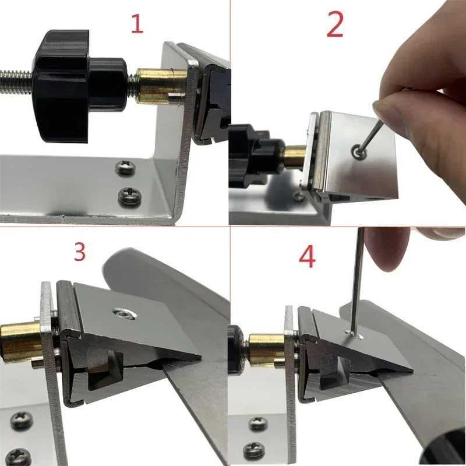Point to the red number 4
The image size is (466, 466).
coord(307,257)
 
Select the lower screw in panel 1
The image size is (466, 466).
coord(130,196)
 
